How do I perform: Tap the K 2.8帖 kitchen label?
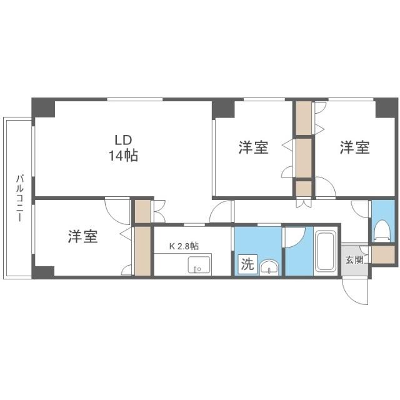pyautogui.click(x=184, y=246)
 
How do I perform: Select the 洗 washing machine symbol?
pyautogui.click(x=247, y=264)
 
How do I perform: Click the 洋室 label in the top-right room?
pyautogui.click(x=354, y=148)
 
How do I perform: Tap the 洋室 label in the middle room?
pyautogui.click(x=253, y=148)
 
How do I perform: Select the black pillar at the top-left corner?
pyautogui.click(x=44, y=107)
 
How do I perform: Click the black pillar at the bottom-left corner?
pyautogui.click(x=44, y=271)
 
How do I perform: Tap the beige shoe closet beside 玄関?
pyautogui.click(x=382, y=254)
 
